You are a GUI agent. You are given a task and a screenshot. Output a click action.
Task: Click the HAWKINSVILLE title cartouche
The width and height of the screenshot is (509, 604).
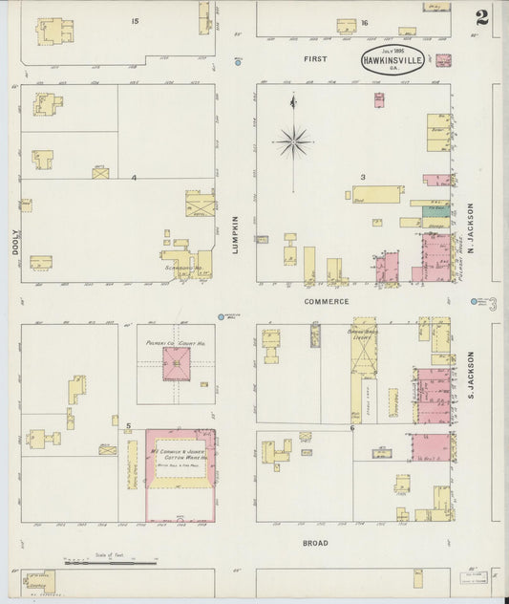394,59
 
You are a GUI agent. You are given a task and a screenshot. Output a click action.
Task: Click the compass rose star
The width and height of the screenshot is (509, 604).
294,141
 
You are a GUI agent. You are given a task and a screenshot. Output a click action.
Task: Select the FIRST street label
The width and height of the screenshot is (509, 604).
315,59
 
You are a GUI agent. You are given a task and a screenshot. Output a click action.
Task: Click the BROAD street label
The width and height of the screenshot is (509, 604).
315,543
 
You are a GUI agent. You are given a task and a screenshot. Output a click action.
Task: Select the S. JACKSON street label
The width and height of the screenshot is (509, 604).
472,375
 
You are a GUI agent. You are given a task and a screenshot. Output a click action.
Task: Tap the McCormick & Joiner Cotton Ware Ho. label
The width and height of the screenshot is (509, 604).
180,455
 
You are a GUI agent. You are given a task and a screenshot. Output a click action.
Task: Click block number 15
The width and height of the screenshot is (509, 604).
136,21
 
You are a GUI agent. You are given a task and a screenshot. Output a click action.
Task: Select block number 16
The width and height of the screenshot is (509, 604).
364,22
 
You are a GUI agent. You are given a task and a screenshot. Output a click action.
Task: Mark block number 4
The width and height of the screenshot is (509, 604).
135,178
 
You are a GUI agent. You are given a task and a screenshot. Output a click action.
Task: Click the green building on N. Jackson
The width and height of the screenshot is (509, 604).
435,209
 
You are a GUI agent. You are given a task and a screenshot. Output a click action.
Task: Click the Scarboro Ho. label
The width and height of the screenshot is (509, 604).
181,268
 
